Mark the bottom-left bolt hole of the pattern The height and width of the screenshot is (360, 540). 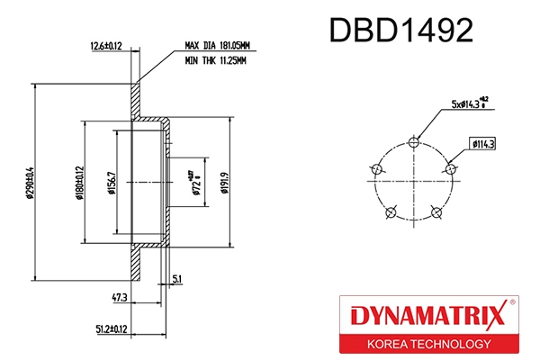(x=389, y=212)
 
